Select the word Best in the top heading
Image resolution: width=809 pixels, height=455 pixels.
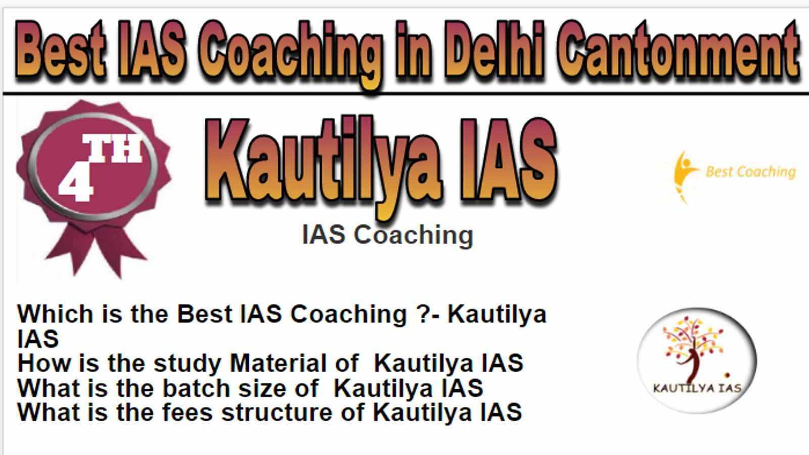61,50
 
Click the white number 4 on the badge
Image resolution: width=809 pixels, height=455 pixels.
75,183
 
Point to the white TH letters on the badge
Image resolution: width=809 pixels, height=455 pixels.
112,148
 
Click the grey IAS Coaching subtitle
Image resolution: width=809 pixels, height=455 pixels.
387,235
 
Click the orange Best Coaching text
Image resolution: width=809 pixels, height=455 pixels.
750,172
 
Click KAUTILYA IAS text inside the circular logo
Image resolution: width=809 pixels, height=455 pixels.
697,388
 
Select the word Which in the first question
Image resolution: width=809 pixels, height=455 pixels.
55,314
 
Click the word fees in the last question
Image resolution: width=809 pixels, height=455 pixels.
187,412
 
